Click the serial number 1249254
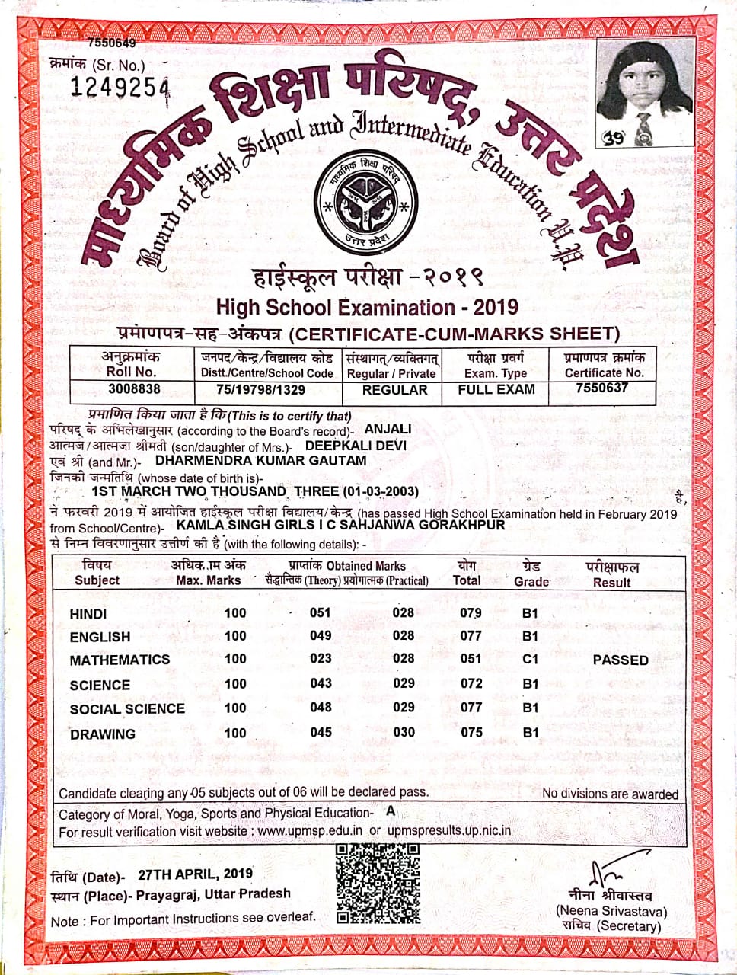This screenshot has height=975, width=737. coord(120,88)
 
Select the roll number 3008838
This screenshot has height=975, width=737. coord(134,389)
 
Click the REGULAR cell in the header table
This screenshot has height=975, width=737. coord(394,390)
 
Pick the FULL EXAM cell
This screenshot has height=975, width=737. coord(496,389)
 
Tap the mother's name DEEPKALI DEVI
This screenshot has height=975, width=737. coord(356,446)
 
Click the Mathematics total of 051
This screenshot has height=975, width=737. coord(471,659)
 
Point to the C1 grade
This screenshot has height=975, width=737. coord(530,659)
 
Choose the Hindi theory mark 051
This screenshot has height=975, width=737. coord(321,612)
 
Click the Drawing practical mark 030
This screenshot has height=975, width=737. coord(404,732)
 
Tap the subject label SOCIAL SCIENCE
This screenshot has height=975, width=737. coord(127,709)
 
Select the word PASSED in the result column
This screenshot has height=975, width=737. coord(621,660)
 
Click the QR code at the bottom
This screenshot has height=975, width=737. coord(378,884)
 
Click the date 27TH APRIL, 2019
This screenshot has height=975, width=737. coord(195,874)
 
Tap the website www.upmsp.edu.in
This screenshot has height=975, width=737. coord(310,831)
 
